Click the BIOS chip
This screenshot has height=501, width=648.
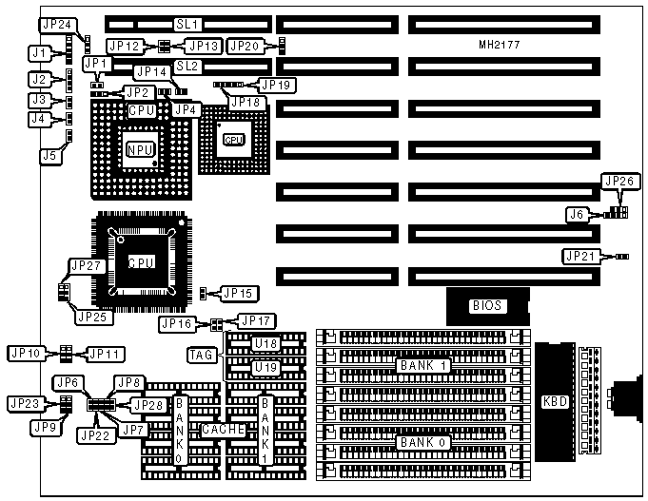point(487,305)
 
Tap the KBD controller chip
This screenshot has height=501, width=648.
point(554,400)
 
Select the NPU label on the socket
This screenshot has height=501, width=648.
point(140,149)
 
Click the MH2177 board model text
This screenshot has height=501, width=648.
point(501,45)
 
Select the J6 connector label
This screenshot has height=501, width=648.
point(576,215)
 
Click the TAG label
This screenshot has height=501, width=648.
point(203,355)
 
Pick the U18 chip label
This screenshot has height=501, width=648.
point(265,343)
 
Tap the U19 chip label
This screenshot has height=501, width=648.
point(265,366)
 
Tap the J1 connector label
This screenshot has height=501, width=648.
point(39,52)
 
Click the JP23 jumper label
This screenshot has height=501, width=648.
point(26,403)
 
